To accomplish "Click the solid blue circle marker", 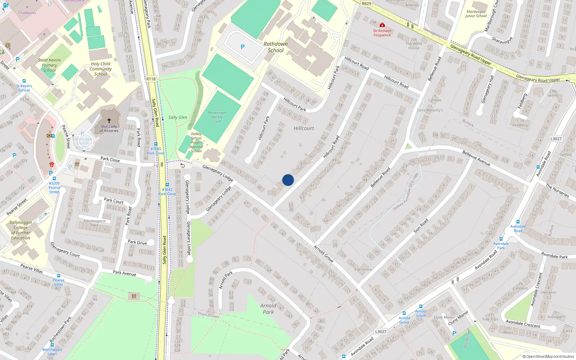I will pos(288,180).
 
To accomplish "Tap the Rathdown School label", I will pos(276,47).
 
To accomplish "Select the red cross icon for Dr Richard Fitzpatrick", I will pos(382,25).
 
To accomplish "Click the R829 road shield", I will pos(366,4).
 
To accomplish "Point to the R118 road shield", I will pos(151,79).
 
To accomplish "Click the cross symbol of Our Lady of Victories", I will pos(109,120).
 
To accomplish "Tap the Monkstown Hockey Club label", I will pos(217,117).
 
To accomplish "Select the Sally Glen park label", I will pos(178,117).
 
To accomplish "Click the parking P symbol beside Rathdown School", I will pos(243,47).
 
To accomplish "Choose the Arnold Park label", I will pos(268,309).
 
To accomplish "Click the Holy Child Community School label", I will pos(100,69).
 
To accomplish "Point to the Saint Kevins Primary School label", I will pos(49,65).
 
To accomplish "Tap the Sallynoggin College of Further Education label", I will pos(21,230).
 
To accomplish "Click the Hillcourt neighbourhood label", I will pos(304,128).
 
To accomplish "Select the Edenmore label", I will pos(363,269).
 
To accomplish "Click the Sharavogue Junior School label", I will pos(476,14).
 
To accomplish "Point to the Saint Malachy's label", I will pos(430,110).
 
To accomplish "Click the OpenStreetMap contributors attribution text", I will pos(548,356).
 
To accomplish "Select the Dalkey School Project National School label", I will pos(196,143).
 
